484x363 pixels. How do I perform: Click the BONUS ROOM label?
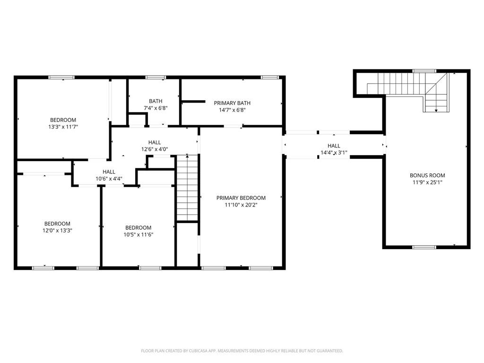click(427, 175)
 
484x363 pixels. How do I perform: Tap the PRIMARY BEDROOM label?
click(241, 198)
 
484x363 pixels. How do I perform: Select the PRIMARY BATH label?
click(232, 103)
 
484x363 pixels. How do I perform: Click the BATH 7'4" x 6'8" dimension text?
click(156, 108)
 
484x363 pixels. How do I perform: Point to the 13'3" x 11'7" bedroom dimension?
click(63, 127)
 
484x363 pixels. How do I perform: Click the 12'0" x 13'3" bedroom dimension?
click(57, 230)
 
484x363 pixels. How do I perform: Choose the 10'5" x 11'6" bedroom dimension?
click(138, 234)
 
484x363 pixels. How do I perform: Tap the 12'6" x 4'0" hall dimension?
click(155, 149)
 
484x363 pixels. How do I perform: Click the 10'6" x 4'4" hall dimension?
click(109, 178)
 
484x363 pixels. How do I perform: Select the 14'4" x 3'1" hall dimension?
click(334, 153)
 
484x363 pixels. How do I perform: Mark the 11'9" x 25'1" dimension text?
click(427, 182)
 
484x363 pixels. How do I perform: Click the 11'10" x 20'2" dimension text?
click(241, 205)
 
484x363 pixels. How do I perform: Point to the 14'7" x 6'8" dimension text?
click(232, 110)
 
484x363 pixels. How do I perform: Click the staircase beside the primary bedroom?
click(187, 188)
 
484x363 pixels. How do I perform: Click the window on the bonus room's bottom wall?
click(424, 247)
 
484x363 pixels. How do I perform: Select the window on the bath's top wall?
click(156, 77)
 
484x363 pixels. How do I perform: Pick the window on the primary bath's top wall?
click(269, 77)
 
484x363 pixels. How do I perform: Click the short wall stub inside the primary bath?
click(193, 101)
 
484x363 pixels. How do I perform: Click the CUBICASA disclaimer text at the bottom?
click(242, 351)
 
